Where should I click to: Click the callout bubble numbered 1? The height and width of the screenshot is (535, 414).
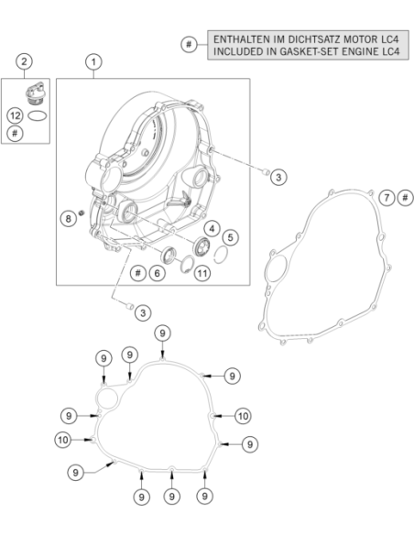click(x=93, y=62)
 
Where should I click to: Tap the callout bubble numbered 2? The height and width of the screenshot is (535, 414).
click(x=24, y=61)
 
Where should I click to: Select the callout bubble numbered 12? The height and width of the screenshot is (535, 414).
click(x=15, y=115)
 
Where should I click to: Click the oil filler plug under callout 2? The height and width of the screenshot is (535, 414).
click(x=35, y=93)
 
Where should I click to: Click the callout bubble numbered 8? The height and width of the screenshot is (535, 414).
click(x=68, y=218)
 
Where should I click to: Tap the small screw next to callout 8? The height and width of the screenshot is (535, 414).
click(x=82, y=213)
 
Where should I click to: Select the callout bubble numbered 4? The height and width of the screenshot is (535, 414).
click(x=212, y=229)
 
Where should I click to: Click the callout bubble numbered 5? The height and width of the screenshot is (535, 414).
click(x=231, y=237)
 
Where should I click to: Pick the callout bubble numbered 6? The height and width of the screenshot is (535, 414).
click(x=157, y=273)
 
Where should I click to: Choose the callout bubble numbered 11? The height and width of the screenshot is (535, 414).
click(x=202, y=273)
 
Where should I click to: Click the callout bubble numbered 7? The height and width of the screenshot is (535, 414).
click(x=387, y=198)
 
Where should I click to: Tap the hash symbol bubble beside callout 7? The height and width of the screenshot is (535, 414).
click(x=406, y=198)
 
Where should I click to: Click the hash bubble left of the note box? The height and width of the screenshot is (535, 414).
click(x=189, y=44)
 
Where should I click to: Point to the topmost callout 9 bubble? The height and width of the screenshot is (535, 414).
click(x=162, y=333)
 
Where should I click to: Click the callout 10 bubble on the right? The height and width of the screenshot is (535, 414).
click(x=243, y=416)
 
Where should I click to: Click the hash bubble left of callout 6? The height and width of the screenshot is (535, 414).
click(x=138, y=273)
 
